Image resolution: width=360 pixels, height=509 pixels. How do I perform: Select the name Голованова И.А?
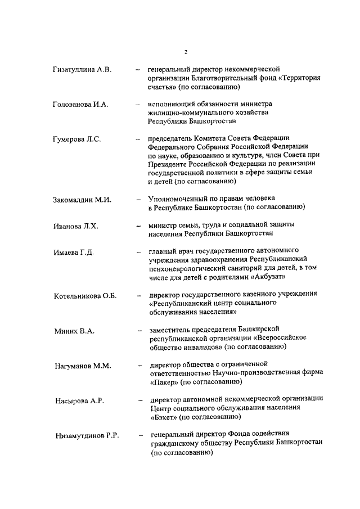point(80,105)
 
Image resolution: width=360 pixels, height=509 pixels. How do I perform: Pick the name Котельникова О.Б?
point(85,296)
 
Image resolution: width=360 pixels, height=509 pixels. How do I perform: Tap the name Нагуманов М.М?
point(83,366)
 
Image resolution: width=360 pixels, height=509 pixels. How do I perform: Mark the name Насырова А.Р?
point(79,401)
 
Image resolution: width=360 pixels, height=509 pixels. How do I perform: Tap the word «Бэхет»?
point(163,417)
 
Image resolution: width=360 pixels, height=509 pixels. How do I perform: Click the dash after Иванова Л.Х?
point(138,226)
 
